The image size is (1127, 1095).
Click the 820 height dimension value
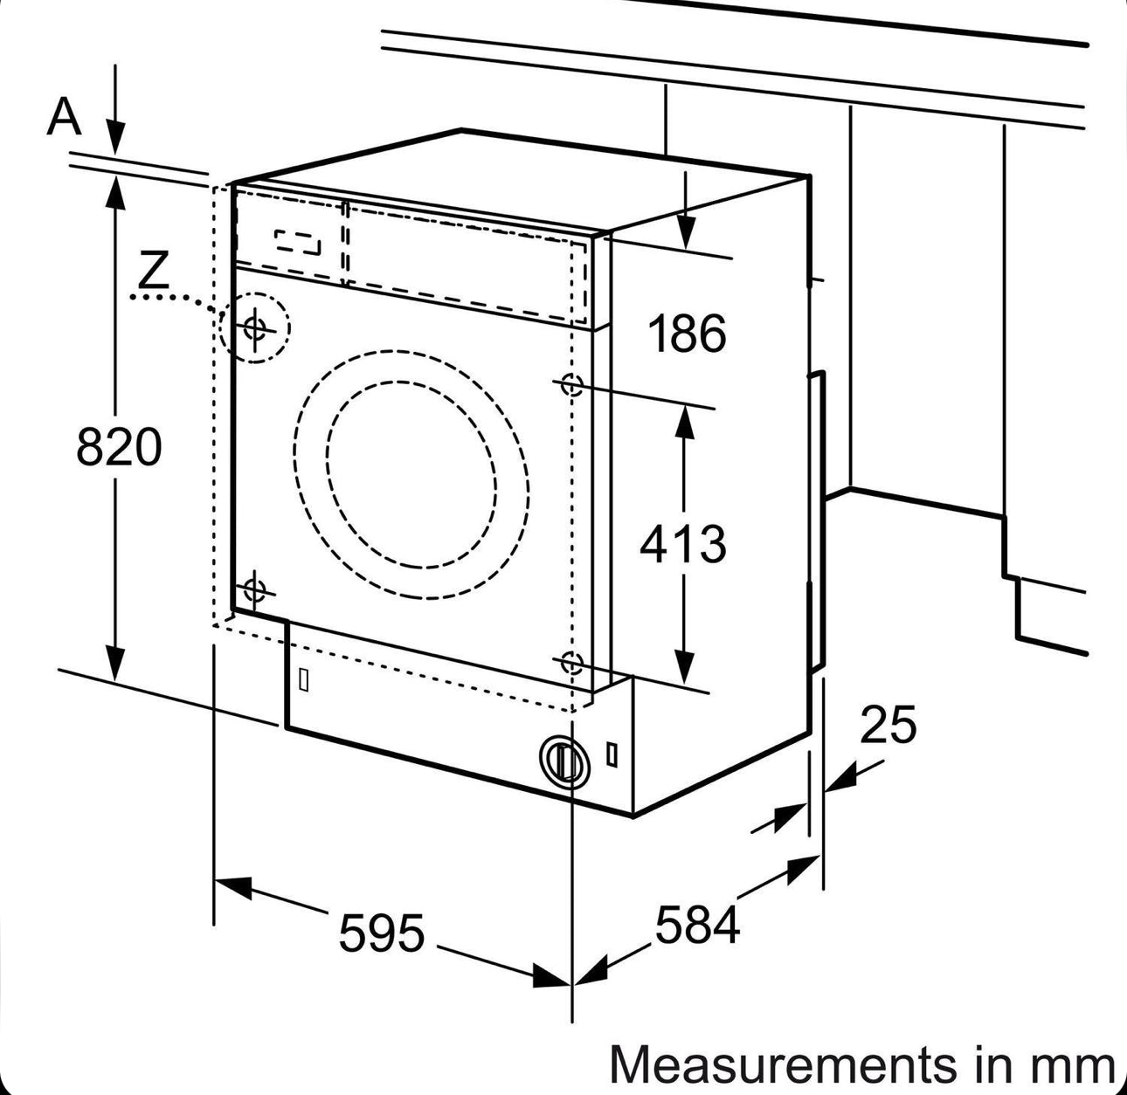(x=119, y=446)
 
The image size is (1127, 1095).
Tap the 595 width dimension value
(x=382, y=933)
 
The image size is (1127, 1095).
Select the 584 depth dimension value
(x=696, y=925)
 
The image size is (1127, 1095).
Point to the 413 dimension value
(x=682, y=544)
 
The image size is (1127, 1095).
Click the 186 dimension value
(x=687, y=334)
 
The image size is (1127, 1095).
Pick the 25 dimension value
(x=888, y=725)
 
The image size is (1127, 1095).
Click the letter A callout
(x=64, y=117)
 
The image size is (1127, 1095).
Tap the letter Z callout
(x=154, y=271)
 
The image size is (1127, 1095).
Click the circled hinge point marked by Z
(x=255, y=328)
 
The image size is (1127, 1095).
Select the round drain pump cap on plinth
(x=563, y=758)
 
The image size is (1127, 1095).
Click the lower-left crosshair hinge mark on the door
(x=254, y=590)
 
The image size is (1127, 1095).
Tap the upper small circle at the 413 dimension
(x=571, y=383)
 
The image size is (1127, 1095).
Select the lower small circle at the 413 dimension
(x=571, y=664)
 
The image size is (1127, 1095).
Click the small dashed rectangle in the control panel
(x=298, y=242)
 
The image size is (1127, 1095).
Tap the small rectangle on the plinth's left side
(x=304, y=679)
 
